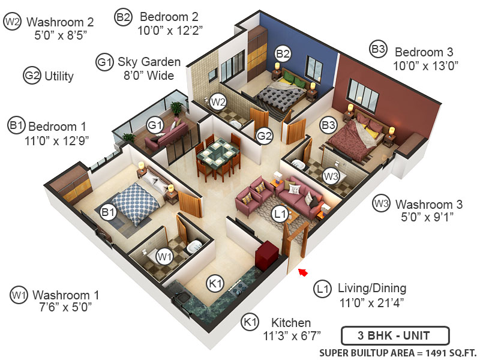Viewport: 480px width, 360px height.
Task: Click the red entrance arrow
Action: point(304,273)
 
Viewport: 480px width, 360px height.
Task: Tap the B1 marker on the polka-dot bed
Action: point(108,212)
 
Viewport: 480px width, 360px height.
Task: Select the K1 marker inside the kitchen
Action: point(215,282)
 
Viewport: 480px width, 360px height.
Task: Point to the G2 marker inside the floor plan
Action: point(265,136)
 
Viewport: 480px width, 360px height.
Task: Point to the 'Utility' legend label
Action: point(59,76)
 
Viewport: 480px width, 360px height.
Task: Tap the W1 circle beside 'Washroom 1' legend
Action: point(19,295)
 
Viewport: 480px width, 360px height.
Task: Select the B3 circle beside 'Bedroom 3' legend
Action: point(378,50)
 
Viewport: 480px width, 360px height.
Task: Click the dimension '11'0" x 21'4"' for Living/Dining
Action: point(371,303)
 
